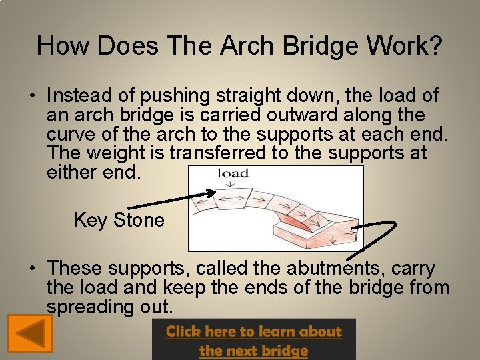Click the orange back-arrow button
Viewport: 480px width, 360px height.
pos(30,333)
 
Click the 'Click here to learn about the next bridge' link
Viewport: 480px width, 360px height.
pos(254,340)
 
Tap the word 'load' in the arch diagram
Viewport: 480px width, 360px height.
pos(233,174)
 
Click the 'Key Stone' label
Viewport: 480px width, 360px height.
pos(119,220)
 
